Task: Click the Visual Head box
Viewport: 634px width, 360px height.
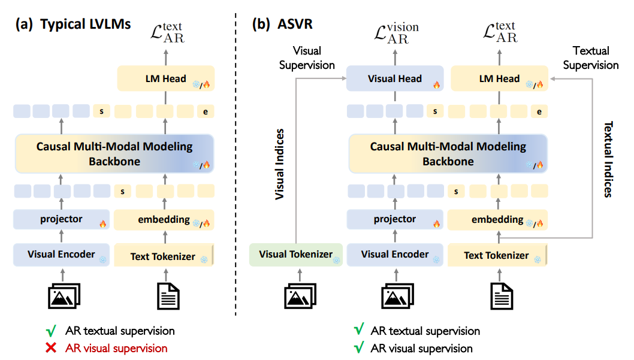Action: point(394,78)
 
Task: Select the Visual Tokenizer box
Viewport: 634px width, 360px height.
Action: point(295,254)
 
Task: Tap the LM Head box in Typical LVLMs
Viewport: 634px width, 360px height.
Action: point(164,78)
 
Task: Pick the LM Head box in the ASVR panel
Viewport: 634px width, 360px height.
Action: point(500,78)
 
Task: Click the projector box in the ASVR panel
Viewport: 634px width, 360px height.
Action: point(394,219)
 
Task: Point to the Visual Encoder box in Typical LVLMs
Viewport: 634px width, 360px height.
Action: point(61,255)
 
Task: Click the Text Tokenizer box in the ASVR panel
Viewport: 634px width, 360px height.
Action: point(497,255)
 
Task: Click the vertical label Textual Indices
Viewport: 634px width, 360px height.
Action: point(608,159)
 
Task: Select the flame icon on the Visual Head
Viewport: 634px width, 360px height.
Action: point(436,86)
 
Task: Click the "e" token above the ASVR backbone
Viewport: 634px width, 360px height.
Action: point(540,111)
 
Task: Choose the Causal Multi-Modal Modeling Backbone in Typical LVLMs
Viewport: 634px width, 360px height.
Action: point(114,153)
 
